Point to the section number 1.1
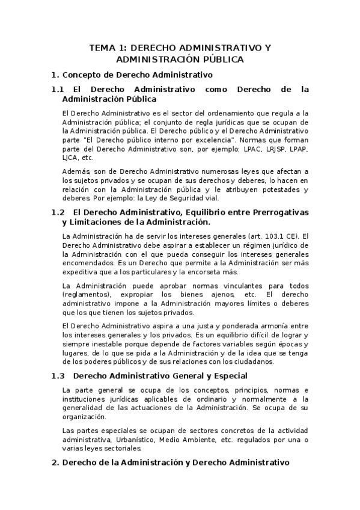[x=58, y=89]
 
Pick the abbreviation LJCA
[x=70, y=158]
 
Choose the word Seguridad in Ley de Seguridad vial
[x=177, y=198]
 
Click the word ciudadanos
[x=255, y=362]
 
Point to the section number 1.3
[x=58, y=376]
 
